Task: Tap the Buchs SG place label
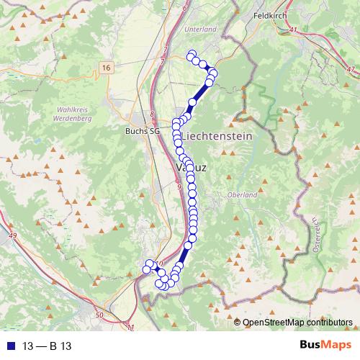point(141,132)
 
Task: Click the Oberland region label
point(242,195)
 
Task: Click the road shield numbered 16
point(107,67)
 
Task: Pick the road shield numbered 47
point(351,69)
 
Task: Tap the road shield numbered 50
point(99,315)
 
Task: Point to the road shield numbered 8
point(153,114)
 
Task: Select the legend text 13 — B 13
point(44,345)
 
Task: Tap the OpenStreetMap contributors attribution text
point(297,323)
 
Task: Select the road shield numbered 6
point(184,8)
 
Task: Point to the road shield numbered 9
point(179,186)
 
